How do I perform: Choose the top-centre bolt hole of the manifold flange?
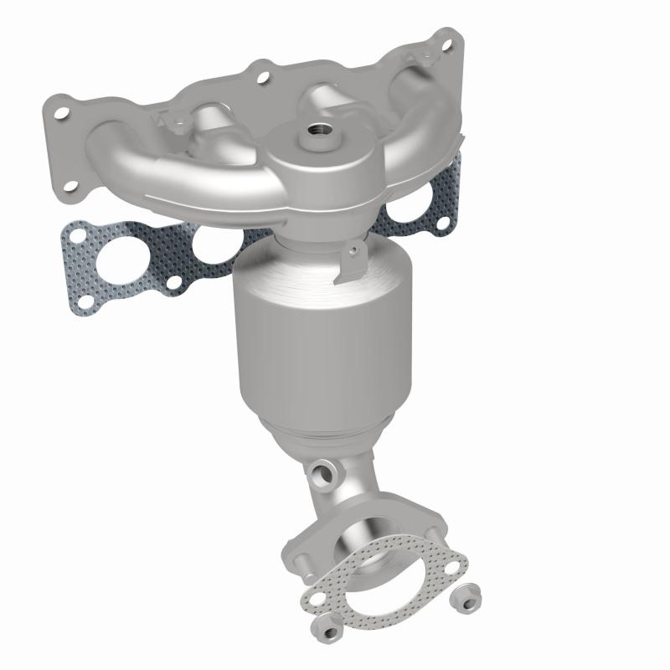point(264,77)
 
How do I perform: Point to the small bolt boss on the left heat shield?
point(176,126)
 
